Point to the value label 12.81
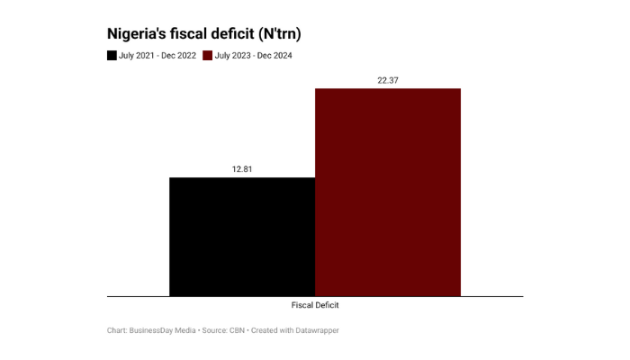242,169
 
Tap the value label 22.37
388,80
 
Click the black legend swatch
112,56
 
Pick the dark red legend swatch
208,56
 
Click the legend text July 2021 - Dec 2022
157,56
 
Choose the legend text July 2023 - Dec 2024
254,56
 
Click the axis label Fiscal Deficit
315,305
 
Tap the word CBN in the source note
237,330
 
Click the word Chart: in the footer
117,330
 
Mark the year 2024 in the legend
282,56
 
